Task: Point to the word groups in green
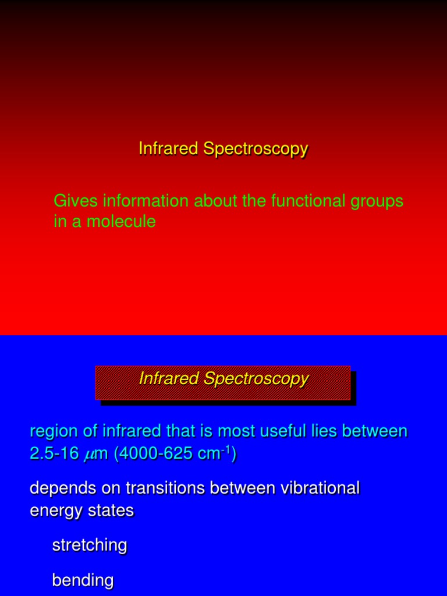coord(378,201)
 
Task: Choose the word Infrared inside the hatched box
coord(169,379)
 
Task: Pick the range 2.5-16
coord(54,453)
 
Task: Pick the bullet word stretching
coord(90,546)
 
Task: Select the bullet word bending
coord(83,581)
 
